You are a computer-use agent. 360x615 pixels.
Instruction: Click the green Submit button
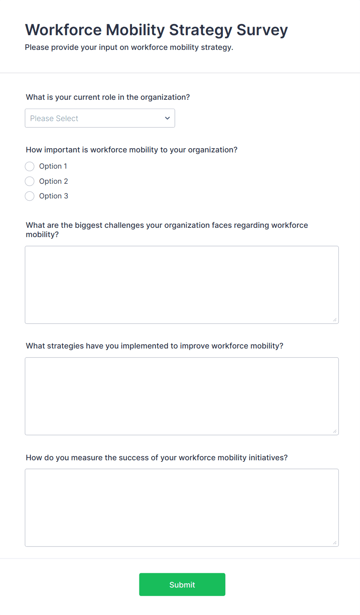pyautogui.click(x=182, y=584)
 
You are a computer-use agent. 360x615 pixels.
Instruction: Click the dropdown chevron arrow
pyautogui.click(x=167, y=118)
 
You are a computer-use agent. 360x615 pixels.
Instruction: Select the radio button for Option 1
pyautogui.click(x=30, y=166)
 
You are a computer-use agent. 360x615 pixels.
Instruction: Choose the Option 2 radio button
pyautogui.click(x=30, y=181)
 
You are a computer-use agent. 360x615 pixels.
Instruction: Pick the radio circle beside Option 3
pyautogui.click(x=30, y=196)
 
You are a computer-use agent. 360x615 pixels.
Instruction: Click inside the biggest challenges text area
pyautogui.click(x=182, y=285)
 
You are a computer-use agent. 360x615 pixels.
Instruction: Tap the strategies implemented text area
pyautogui.click(x=182, y=396)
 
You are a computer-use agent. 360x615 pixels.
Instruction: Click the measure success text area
pyautogui.click(x=182, y=507)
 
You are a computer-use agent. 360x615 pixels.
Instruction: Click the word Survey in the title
pyautogui.click(x=262, y=30)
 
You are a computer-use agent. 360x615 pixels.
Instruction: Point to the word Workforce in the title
pyautogui.click(x=63, y=30)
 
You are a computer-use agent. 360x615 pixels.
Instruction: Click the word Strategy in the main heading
pyautogui.click(x=201, y=30)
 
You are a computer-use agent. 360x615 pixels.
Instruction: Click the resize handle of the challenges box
pyautogui.click(x=335, y=320)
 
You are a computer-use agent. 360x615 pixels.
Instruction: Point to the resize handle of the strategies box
pyautogui.click(x=335, y=431)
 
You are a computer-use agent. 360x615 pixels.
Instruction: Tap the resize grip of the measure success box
pyautogui.click(x=335, y=543)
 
